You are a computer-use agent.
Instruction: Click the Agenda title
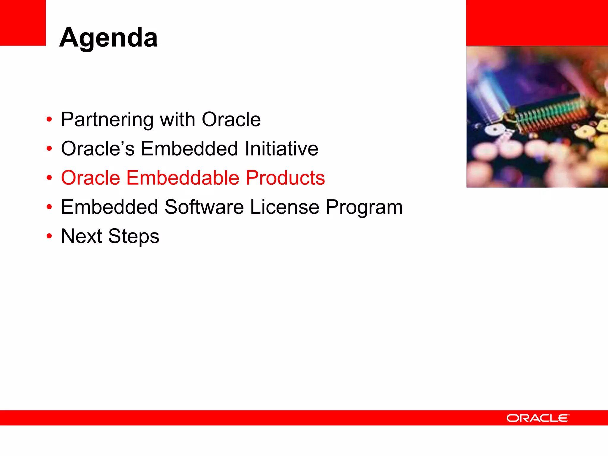(x=108, y=38)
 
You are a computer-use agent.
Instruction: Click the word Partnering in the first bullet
(x=107, y=120)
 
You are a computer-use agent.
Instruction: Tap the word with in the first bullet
(x=177, y=119)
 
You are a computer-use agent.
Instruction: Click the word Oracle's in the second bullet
(x=97, y=148)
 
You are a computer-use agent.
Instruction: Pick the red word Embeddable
(x=183, y=178)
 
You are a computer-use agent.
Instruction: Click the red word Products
(x=285, y=178)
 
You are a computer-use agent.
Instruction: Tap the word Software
(x=204, y=207)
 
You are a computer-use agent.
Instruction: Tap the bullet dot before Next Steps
(x=49, y=236)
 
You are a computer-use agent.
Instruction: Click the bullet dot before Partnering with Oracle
(x=49, y=120)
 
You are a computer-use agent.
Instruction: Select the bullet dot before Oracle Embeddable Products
(x=49, y=178)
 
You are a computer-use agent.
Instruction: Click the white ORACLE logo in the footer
(x=538, y=418)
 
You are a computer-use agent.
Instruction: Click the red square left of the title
(x=23, y=23)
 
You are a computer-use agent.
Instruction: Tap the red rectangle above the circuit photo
(x=537, y=23)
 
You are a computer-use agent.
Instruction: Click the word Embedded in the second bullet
(x=189, y=148)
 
